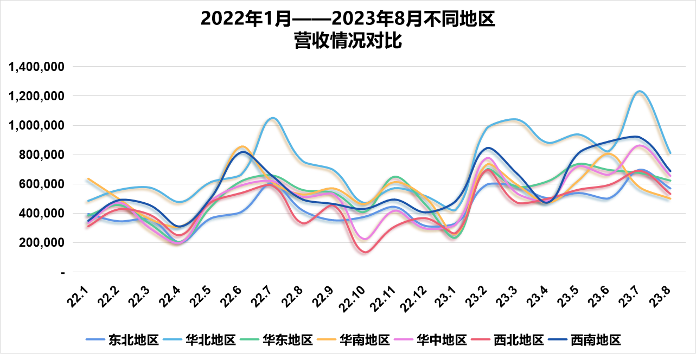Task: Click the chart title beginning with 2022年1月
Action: pyautogui.click(x=348, y=30)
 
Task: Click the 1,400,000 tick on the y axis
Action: pyautogui.click(x=37, y=67)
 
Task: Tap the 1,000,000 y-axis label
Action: pyautogui.click(x=37, y=125)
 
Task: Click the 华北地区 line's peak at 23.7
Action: pyautogui.click(x=640, y=91)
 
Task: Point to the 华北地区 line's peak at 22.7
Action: pyautogui.click(x=272, y=118)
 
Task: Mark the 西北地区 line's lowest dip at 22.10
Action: pyautogui.click(x=365, y=252)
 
